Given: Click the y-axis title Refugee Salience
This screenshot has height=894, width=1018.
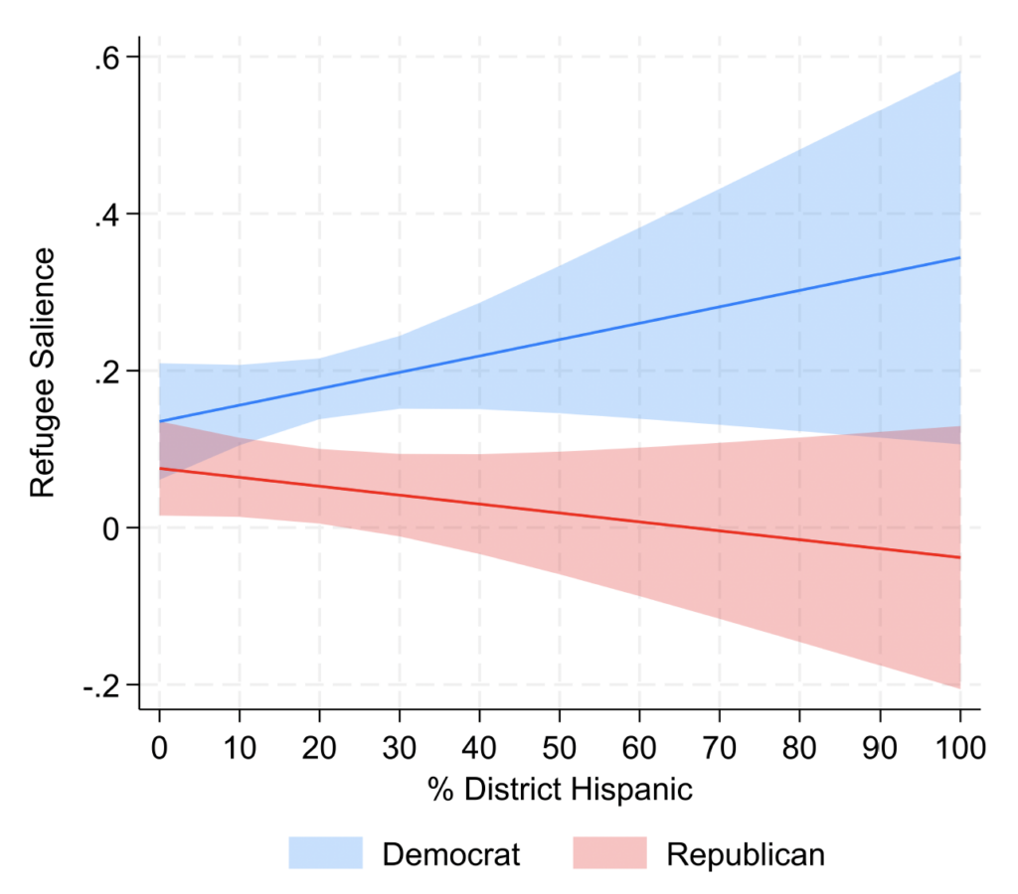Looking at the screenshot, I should pyautogui.click(x=42, y=372).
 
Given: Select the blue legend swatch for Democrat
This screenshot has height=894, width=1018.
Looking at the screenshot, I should pyautogui.click(x=325, y=853).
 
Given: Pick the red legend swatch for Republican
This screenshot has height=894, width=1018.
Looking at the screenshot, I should pyautogui.click(x=609, y=853).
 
